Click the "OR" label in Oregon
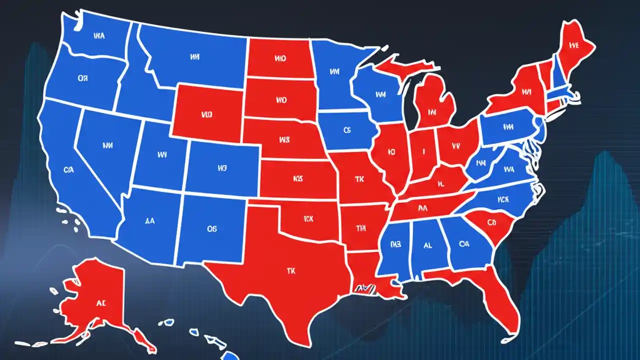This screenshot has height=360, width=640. tap(83, 78)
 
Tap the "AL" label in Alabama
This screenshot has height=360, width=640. tap(427, 245)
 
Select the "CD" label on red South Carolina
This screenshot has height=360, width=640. tap(491, 222)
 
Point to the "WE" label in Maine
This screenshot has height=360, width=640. tap(573, 45)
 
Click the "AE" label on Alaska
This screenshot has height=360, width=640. tap(101, 302)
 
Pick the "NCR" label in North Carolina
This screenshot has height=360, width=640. tap(503, 199)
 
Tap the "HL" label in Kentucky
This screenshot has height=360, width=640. tap(441, 183)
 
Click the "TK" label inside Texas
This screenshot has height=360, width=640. tap(291, 270)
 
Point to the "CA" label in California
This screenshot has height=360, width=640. tap(69, 170)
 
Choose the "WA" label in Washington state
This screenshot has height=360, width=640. tap(99, 36)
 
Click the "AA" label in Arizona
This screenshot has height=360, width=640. tap(149, 219)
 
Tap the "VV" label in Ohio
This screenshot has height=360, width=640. tap(455, 146)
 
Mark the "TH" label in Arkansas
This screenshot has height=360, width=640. tap(361, 228)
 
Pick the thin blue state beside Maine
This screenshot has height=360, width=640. tap(558, 75)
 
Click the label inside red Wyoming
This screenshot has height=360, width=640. tap(207, 114)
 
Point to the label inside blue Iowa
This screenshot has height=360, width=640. tap(348, 130)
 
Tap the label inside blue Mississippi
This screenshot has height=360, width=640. tap(395, 244)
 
